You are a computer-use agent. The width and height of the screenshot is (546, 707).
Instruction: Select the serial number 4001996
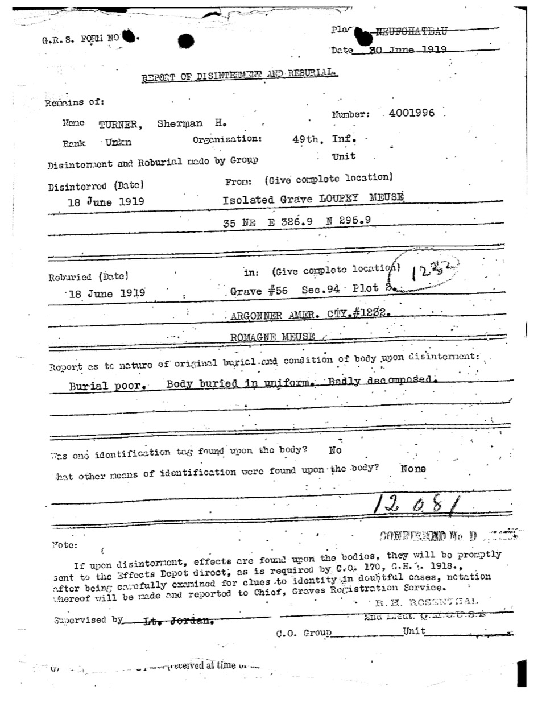[x=412, y=113]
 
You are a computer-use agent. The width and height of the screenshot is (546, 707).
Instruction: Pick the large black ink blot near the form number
[x=186, y=40]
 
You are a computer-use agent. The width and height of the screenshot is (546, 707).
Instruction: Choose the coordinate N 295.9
[x=349, y=221]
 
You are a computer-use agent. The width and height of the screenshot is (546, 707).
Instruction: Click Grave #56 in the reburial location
[x=259, y=291]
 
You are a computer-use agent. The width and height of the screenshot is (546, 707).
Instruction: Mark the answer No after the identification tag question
[x=335, y=450]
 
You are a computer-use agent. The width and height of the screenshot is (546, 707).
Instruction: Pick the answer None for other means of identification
[x=413, y=469]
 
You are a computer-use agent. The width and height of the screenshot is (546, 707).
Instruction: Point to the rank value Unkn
[x=118, y=143]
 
